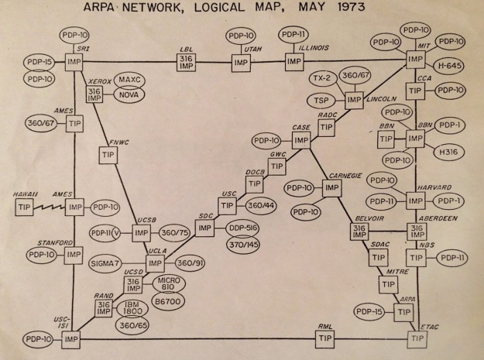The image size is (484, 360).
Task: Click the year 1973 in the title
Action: point(352,7)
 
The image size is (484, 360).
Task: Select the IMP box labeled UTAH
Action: point(241,63)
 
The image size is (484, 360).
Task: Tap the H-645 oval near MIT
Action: point(448,66)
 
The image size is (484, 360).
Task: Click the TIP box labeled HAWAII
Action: point(24,207)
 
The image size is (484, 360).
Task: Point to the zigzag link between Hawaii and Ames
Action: point(50,207)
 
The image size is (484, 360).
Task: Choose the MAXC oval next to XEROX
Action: point(129,81)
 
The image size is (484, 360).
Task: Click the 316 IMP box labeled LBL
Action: point(186,62)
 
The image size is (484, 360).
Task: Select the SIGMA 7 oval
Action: point(105,263)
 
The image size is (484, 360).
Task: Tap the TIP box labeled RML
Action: point(324,338)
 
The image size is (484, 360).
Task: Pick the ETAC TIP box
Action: point(417,339)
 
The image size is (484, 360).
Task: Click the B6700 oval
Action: point(168,301)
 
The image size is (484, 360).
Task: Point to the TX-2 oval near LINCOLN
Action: point(322,78)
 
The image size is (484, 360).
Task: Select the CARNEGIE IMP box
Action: point(331,188)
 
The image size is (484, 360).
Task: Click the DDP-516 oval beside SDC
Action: point(242,228)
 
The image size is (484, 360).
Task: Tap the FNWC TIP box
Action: point(108,155)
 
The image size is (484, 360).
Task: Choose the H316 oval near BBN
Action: point(449,153)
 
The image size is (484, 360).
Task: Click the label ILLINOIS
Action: point(314,48)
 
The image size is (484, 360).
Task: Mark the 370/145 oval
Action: point(243,245)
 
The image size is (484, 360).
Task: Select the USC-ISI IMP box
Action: point(70,340)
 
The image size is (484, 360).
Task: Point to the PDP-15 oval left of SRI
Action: point(39,63)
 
